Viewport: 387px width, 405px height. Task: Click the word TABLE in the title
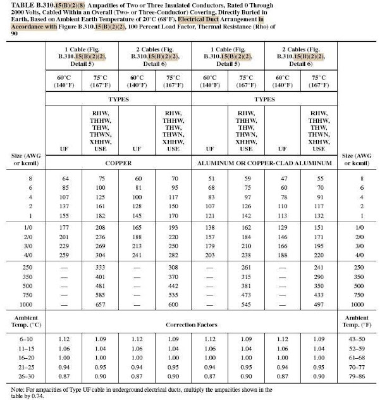click(18, 5)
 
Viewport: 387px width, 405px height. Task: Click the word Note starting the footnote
click(12, 391)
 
